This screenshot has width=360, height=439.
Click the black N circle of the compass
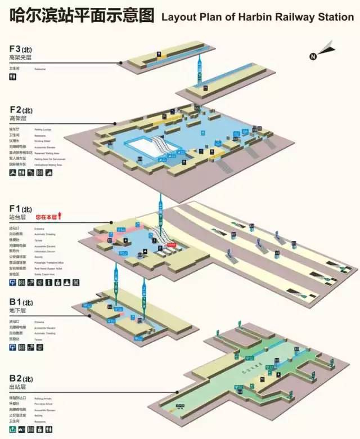pos(313,56)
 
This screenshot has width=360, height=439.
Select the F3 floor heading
pos(21,49)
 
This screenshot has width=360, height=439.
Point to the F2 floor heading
pos(21,110)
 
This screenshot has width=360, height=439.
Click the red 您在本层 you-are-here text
pos(46,216)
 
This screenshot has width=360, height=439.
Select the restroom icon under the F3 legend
pos(13,79)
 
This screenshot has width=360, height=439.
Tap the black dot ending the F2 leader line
pos(115,124)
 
